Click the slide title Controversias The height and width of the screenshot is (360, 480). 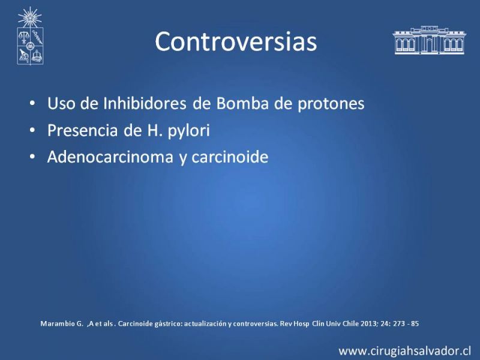[236, 41]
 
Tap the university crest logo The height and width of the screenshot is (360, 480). [30, 36]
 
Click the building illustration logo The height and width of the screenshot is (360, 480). [429, 40]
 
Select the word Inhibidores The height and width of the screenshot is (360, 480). [145, 103]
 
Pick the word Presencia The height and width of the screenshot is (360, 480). [82, 130]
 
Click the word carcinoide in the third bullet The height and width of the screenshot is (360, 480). [230, 157]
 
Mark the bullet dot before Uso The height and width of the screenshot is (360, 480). [32, 103]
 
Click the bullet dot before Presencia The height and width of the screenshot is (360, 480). [32, 130]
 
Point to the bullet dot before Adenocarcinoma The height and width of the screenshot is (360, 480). [32, 157]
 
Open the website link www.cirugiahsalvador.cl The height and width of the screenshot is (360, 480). [404, 350]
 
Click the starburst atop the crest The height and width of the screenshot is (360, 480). [29, 17]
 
